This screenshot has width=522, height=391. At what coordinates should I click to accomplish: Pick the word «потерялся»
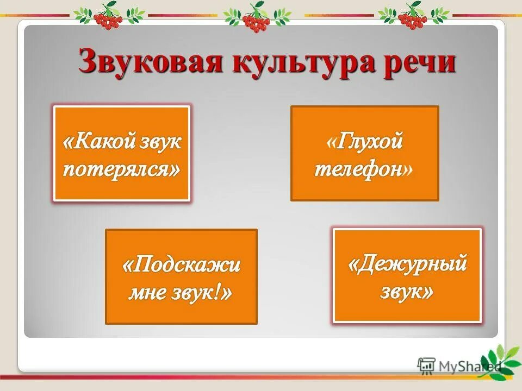121,169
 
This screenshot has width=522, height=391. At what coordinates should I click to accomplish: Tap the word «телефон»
359,169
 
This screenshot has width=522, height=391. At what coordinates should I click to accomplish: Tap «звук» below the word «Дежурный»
403,292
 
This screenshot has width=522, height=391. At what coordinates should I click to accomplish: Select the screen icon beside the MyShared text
427,365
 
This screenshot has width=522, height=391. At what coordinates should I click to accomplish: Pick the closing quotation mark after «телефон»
408,171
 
